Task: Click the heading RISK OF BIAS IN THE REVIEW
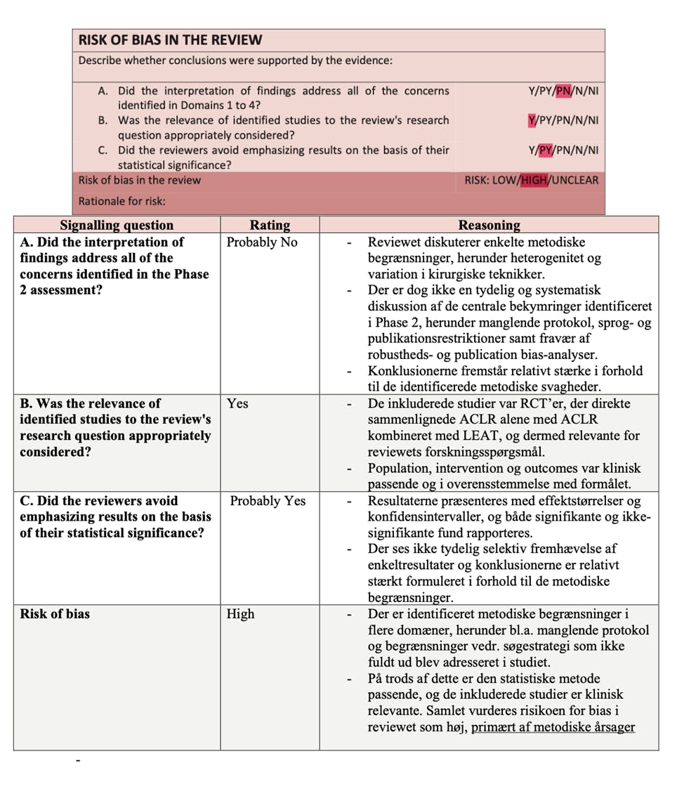[170, 40]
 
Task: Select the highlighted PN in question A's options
[563, 91]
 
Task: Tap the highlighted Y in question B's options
[532, 120]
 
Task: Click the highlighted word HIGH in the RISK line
[534, 180]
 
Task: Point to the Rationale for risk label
[121, 201]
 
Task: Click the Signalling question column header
[117, 225]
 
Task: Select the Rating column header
[270, 225]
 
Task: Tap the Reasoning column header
[489, 225]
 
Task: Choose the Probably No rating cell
[262, 242]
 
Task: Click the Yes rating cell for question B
[237, 404]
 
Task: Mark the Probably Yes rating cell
[268, 501]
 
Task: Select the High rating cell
[240, 614]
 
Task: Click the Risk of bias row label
[55, 614]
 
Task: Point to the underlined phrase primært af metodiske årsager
[553, 727]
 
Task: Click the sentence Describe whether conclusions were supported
[235, 60]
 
